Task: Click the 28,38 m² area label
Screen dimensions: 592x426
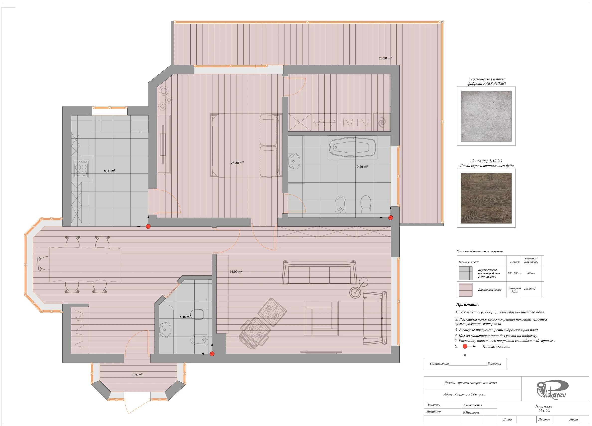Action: click(x=237, y=163)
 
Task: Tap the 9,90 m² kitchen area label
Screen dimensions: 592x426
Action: click(x=110, y=171)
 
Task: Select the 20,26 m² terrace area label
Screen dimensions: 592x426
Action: click(x=385, y=58)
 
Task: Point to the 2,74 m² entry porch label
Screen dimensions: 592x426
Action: click(x=137, y=375)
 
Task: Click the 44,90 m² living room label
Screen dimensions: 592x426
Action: click(x=236, y=272)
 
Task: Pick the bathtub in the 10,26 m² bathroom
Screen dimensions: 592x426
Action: click(x=352, y=147)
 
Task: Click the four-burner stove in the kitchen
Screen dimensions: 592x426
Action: click(x=81, y=169)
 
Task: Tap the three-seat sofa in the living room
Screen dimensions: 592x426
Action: click(x=319, y=272)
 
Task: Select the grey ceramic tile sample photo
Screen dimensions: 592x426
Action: click(x=486, y=116)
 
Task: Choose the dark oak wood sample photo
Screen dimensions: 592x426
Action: click(x=486, y=198)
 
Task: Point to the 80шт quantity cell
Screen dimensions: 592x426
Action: click(x=531, y=273)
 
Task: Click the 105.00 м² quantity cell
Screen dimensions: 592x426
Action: click(x=530, y=289)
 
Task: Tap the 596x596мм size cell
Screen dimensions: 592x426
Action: click(x=515, y=273)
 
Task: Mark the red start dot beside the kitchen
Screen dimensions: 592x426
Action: click(x=148, y=226)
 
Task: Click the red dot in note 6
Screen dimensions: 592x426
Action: click(x=465, y=346)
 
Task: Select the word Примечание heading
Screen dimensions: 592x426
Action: click(x=467, y=305)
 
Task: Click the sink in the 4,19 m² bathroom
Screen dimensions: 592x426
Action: click(x=165, y=330)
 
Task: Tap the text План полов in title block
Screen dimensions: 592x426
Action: click(x=544, y=406)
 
